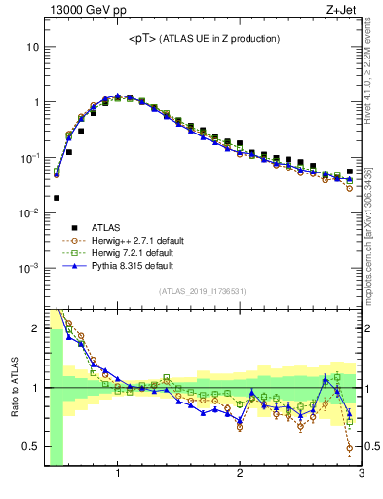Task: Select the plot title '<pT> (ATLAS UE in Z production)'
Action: point(204,39)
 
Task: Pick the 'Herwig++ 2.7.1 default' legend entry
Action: point(108,240)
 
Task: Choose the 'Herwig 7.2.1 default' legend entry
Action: point(108,252)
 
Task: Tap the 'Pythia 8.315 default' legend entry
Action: point(108,265)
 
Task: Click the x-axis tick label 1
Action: point(118,474)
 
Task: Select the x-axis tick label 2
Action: point(240,474)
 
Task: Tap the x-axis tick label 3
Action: point(361,474)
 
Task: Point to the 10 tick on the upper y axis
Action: point(30,47)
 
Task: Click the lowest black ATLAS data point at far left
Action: point(57,198)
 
